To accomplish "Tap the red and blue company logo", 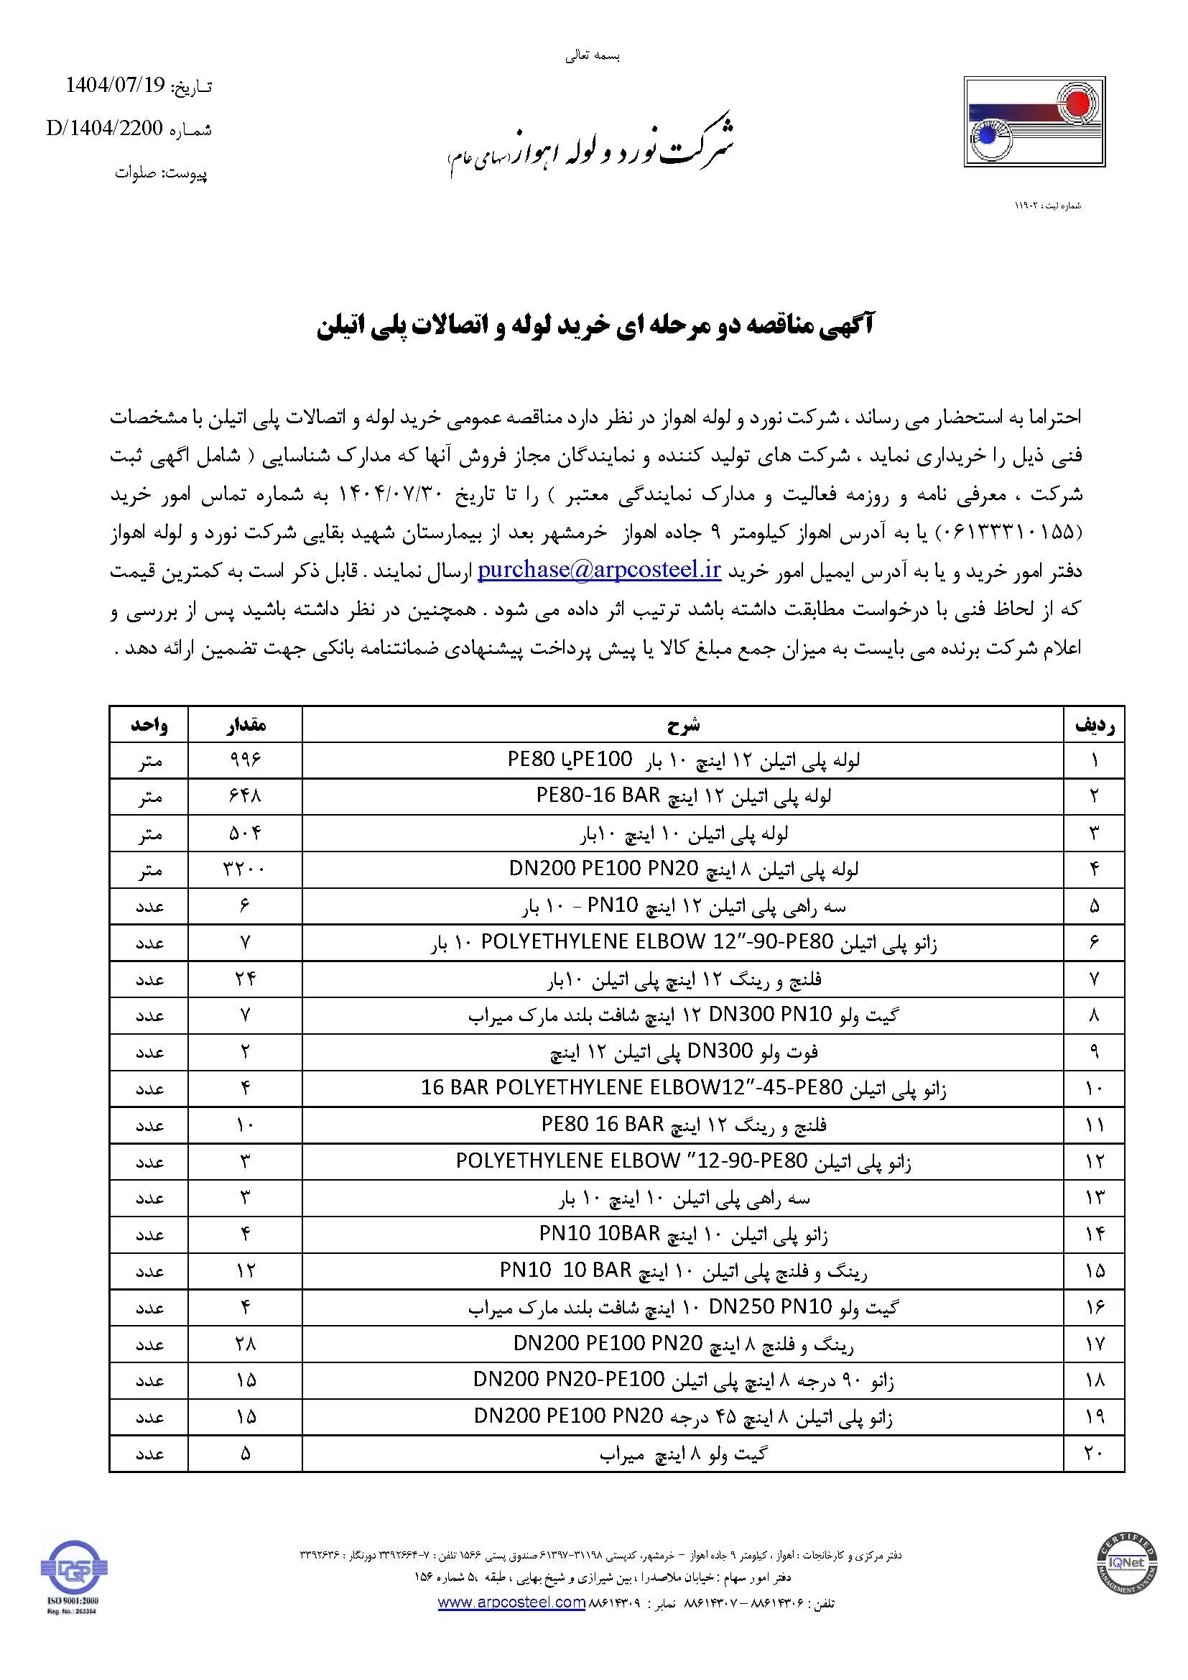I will point(1034,122).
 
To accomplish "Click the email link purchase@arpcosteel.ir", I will point(600,571).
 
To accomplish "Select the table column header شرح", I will point(683,725).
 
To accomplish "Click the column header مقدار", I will point(245,725).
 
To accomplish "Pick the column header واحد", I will point(149,725).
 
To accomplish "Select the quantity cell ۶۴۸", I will point(245,796).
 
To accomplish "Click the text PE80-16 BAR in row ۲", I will point(598,795).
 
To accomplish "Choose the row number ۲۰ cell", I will point(1093,1453).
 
